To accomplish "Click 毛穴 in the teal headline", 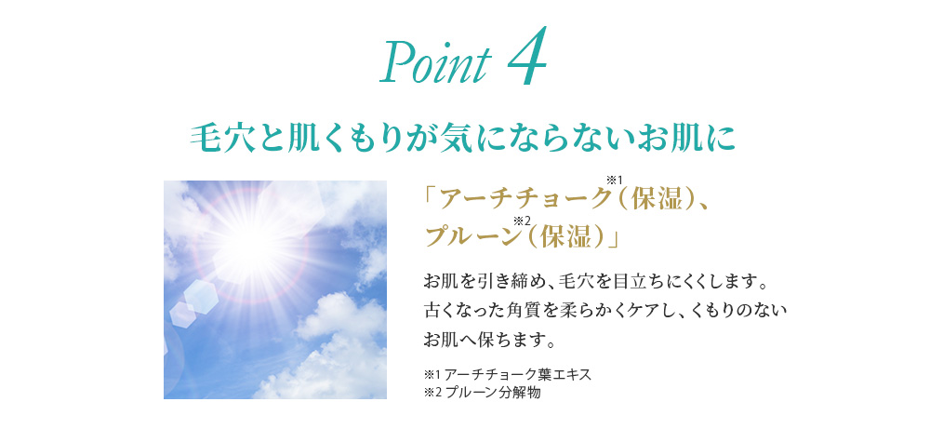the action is tap(216, 139).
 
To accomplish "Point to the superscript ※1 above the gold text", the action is tap(614, 180).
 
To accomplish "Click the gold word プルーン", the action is tap(471, 237).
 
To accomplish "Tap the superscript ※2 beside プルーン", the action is tap(523, 221).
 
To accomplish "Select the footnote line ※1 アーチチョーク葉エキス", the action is tap(508, 375).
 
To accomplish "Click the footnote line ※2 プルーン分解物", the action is tap(482, 392).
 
